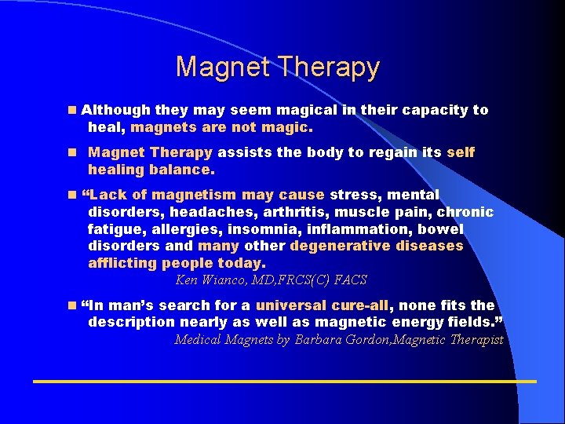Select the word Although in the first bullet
[117, 110]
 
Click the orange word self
[461, 152]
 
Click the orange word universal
[295, 305]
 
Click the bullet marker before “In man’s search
[72, 305]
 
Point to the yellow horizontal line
[282, 381]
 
